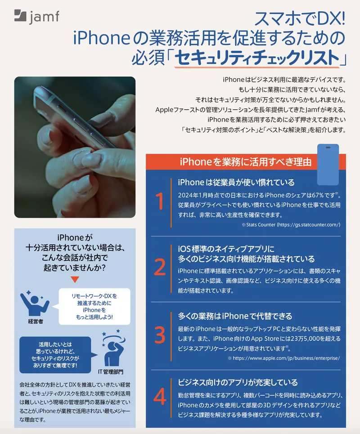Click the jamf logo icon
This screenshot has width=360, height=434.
click(x=21, y=16)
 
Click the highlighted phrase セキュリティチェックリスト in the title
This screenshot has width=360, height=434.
click(x=256, y=58)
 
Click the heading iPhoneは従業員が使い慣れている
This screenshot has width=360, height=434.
click(x=236, y=182)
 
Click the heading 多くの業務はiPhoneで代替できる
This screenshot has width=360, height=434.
click(x=235, y=316)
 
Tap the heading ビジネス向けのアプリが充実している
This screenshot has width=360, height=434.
click(x=238, y=382)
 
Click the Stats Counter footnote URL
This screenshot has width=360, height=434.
click(x=291, y=224)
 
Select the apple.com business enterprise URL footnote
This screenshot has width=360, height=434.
click(x=283, y=358)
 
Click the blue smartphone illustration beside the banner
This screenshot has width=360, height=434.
click(x=328, y=165)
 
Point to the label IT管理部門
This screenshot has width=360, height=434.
click(x=110, y=372)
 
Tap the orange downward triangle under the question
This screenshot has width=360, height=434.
click(x=75, y=279)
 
